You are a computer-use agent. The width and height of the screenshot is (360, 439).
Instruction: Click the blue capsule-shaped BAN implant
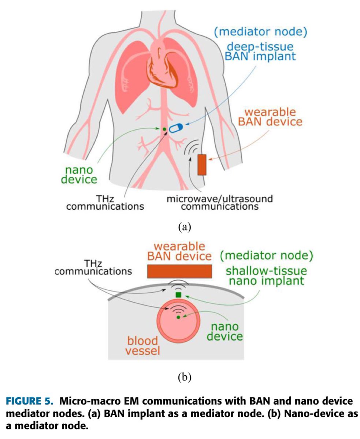tap(175, 128)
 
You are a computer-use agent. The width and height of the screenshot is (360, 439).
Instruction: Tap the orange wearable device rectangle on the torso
tap(202, 165)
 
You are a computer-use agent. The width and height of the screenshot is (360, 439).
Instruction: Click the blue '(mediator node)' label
tap(260, 32)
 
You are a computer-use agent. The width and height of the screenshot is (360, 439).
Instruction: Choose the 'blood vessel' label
tap(143, 346)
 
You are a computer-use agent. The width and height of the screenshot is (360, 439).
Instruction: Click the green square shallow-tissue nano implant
tap(179, 295)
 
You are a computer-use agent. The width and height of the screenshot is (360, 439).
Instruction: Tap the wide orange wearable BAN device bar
tap(179, 271)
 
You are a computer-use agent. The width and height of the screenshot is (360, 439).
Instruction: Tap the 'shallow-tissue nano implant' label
tap(266, 276)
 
